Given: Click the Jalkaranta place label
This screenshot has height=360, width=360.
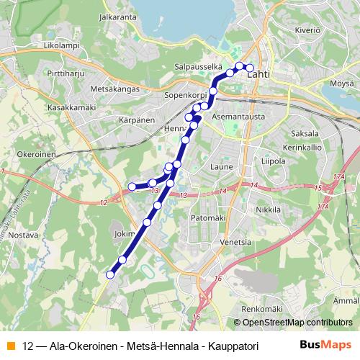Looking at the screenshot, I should (x=120, y=15).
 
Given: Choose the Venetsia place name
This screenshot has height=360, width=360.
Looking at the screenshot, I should (x=238, y=242).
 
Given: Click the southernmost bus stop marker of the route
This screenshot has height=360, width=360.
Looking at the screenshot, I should (x=111, y=274).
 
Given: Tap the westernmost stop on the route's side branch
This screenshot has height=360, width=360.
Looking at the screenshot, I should (x=132, y=187).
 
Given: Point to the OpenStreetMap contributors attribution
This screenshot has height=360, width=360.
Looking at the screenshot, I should (x=295, y=322).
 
